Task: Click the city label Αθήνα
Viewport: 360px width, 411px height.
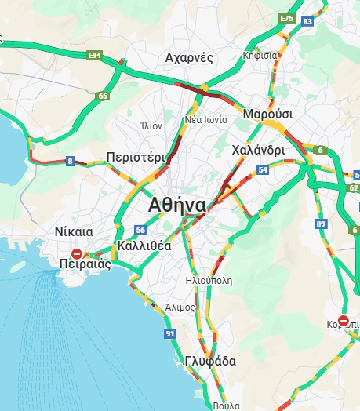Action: pos(177,205)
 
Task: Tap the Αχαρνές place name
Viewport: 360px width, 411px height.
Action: pos(190,58)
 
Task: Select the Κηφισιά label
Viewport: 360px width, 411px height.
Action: pos(260,56)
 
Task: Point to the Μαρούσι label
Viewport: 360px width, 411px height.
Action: pos(267,115)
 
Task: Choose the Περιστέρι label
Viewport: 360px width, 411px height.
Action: pos(136,156)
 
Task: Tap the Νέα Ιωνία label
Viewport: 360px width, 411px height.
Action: pos(206,120)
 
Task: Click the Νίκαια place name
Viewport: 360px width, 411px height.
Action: pos(75,231)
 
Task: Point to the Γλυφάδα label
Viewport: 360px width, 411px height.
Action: pos(211,362)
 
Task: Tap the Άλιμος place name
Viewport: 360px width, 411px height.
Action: pos(180,307)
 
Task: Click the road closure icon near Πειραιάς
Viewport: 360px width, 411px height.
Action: pos(76,253)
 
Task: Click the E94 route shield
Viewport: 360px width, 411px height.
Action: pos(95,56)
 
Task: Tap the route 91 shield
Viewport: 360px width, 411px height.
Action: pos(170,334)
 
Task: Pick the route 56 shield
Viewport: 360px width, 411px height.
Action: pos(140,230)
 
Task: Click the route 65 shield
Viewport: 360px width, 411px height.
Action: pos(103,96)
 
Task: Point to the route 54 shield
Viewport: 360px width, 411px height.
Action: pos(263,169)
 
